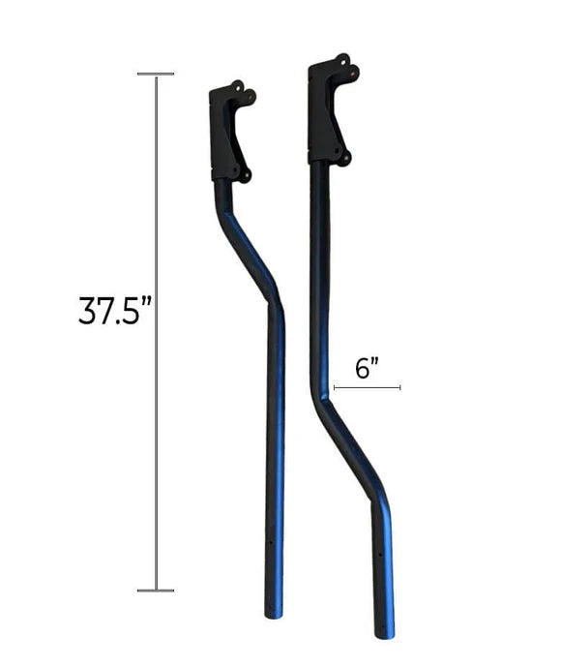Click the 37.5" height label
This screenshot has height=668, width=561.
115,311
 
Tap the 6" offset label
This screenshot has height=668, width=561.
367,368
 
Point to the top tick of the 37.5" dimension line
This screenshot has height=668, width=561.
156,74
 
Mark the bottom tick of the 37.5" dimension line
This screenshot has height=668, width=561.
156,590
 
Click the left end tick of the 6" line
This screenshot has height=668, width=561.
334,387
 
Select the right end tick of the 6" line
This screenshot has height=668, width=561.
399,387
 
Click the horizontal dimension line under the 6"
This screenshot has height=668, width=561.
367,387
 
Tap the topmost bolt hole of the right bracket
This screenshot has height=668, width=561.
341,60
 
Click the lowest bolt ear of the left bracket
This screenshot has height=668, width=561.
245,175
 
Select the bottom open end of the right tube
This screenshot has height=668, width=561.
384,634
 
